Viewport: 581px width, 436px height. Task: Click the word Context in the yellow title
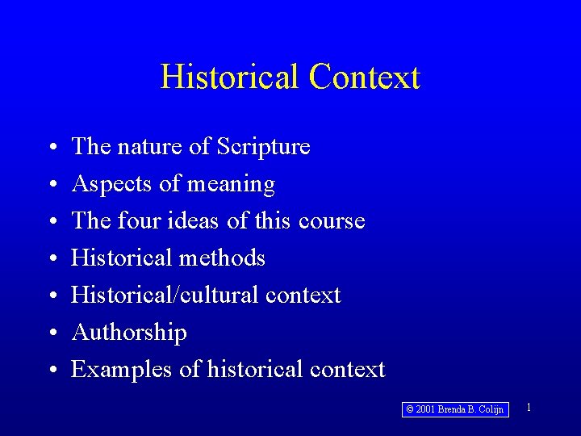click(364, 77)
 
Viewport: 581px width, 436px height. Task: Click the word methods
click(228, 258)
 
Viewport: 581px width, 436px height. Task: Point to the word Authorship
click(129, 333)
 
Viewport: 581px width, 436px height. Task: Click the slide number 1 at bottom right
click(529, 408)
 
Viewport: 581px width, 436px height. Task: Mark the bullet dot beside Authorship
click(51, 333)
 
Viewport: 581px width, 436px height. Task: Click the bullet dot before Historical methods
click(51, 259)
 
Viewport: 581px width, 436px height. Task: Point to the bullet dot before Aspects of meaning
click(51, 185)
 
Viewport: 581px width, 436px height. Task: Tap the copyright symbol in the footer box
click(410, 410)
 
